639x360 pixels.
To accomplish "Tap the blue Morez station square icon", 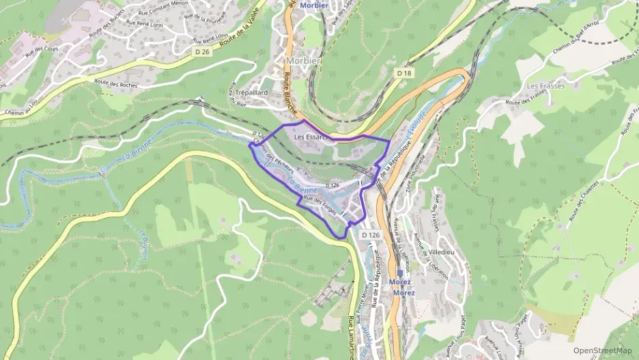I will [400, 272].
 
